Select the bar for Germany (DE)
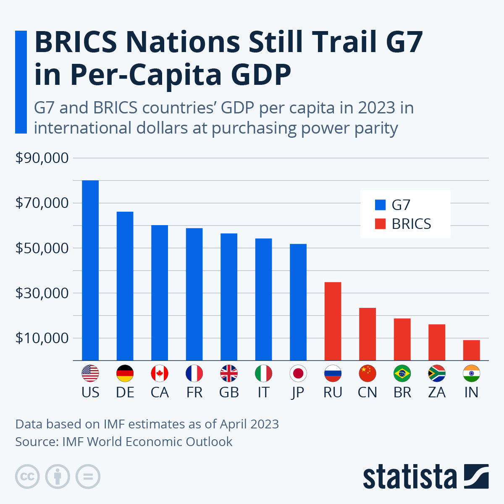point(125,286)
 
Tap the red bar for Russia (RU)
point(333,321)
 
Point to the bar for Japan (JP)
point(298,302)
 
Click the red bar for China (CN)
point(367,334)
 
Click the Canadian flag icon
point(160,373)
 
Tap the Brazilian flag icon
point(402,373)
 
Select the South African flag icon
point(437,373)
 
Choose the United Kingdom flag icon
point(229,373)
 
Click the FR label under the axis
point(194,392)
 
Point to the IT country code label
point(263,392)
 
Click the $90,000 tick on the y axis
point(42,158)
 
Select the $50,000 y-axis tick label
point(42,248)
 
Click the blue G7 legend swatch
point(380,205)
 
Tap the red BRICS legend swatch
point(380,224)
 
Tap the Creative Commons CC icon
point(27,477)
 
